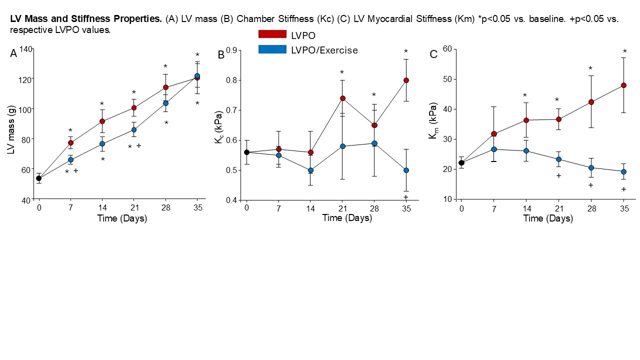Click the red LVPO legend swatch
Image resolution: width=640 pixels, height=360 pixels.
(272, 34)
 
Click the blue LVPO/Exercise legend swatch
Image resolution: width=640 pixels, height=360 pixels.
(272, 49)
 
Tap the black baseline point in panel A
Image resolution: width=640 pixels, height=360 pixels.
(38, 178)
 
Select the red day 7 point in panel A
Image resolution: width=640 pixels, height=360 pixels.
(70, 143)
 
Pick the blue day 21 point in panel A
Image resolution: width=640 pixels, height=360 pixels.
(133, 130)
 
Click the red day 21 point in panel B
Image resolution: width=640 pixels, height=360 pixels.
(342, 98)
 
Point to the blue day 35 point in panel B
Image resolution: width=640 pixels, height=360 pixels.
(406, 170)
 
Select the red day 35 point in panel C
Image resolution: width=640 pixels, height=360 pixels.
(623, 85)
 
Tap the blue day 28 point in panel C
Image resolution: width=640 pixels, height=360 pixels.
(591, 168)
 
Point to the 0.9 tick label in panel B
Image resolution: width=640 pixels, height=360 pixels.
(230, 50)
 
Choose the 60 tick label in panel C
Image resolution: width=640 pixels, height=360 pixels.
(447, 49)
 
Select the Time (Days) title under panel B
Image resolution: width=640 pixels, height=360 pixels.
(347, 218)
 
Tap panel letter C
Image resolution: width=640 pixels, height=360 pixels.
(433, 54)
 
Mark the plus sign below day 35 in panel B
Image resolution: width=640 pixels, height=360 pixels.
(405, 197)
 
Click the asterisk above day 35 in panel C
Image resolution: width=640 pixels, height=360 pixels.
(624, 51)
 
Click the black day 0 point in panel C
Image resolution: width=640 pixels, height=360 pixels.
(461, 162)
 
